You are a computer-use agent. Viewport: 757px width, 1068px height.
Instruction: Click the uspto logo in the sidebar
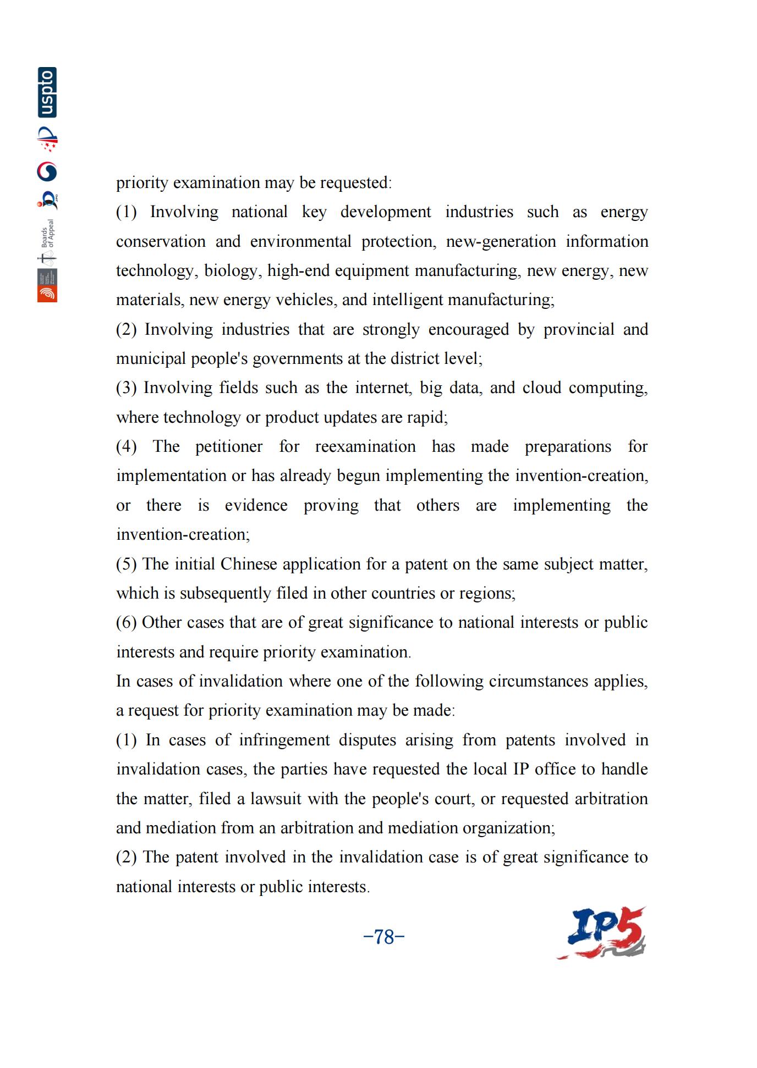coord(47,92)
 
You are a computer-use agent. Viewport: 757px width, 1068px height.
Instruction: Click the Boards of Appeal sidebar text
coord(48,233)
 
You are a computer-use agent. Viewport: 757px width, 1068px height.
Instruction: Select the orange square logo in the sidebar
coord(47,294)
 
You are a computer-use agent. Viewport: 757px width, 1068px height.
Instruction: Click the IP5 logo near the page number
coord(602,933)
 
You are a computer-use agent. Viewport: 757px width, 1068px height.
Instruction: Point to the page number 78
coord(384,936)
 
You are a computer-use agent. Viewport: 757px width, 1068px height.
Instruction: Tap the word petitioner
coord(229,446)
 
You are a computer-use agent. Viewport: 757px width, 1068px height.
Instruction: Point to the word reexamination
coord(365,446)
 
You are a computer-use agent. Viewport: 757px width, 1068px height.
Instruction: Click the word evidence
coord(256,505)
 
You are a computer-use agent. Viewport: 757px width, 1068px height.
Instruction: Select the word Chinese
coord(249,564)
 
